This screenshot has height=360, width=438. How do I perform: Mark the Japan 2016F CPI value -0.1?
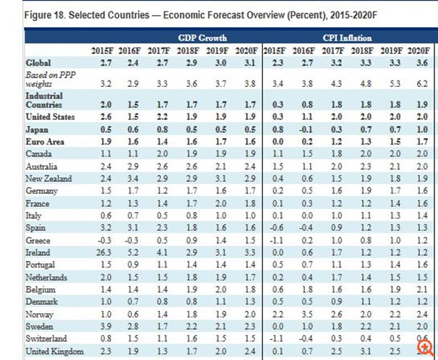308,130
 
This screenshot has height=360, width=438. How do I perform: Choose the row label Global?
39,64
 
